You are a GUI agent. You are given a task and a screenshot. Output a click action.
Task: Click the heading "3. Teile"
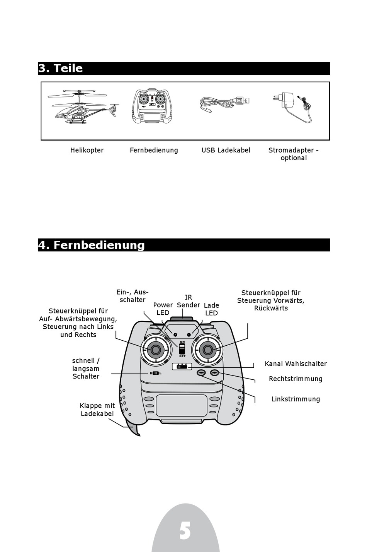[x=61, y=69]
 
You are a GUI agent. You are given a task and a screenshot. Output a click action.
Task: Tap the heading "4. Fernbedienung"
[x=92, y=245]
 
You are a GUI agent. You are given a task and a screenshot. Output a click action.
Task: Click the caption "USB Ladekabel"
[x=226, y=150]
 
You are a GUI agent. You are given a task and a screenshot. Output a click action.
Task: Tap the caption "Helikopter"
[x=87, y=150]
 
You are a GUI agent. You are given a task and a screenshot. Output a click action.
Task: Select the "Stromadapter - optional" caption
[x=294, y=154]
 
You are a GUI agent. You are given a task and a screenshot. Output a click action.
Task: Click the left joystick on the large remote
[x=156, y=350]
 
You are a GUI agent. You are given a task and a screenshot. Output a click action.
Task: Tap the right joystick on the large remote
[x=208, y=350]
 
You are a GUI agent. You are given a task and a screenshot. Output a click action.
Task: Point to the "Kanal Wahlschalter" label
[x=296, y=364]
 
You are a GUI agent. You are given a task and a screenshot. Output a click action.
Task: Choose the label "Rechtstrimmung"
[x=296, y=379]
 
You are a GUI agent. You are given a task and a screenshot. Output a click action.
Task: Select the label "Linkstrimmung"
[x=296, y=399]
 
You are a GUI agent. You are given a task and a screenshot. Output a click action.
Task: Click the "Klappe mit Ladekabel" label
[x=97, y=410]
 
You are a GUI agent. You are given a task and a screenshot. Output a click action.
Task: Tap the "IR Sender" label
[x=188, y=301]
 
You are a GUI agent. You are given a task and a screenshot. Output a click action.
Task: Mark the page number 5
[x=185, y=531]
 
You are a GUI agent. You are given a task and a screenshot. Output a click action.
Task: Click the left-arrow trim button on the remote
[x=201, y=373]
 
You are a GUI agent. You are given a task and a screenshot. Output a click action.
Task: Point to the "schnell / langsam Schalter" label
[x=86, y=369]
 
